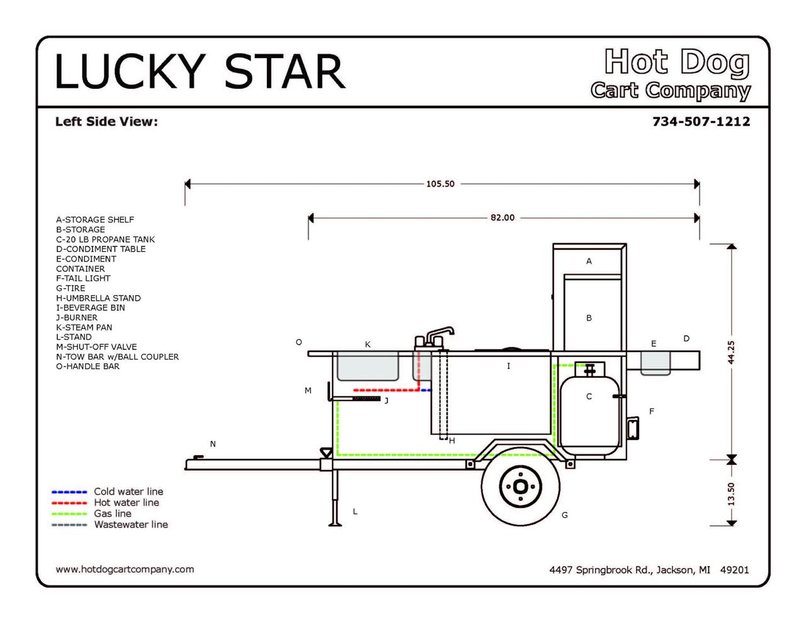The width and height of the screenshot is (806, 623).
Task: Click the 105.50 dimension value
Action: [440, 184]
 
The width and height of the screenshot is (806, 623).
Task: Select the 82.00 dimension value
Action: [502, 218]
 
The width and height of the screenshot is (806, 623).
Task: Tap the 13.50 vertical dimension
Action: [731, 493]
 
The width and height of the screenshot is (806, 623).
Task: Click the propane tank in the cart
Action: [588, 413]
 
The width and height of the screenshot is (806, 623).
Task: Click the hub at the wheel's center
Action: [520, 486]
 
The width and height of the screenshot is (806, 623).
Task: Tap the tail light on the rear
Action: [632, 429]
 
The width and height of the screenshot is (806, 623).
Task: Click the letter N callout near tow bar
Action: [213, 444]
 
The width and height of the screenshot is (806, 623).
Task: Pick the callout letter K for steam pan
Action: [368, 344]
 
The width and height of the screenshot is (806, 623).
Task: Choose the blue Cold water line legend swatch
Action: [69, 492]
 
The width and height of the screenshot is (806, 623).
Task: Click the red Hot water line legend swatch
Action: [69, 503]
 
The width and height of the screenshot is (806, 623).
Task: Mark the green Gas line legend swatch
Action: [69, 514]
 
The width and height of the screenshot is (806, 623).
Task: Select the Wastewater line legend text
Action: [131, 525]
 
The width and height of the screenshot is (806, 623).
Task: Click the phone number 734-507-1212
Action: [701, 121]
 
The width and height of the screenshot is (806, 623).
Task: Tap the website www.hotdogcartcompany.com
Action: [125, 569]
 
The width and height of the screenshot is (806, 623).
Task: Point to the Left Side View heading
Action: [106, 122]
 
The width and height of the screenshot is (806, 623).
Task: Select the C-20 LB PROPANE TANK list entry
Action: [105, 240]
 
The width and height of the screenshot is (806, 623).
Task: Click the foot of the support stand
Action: [335, 523]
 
